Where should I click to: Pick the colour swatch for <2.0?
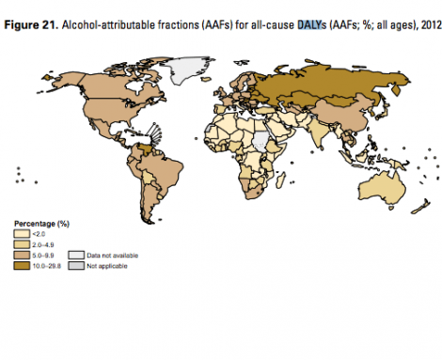tap(21, 233)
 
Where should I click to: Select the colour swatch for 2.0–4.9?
tap(21, 243)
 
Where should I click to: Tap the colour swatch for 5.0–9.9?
tap(21, 255)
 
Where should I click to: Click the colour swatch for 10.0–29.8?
tap(21, 266)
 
